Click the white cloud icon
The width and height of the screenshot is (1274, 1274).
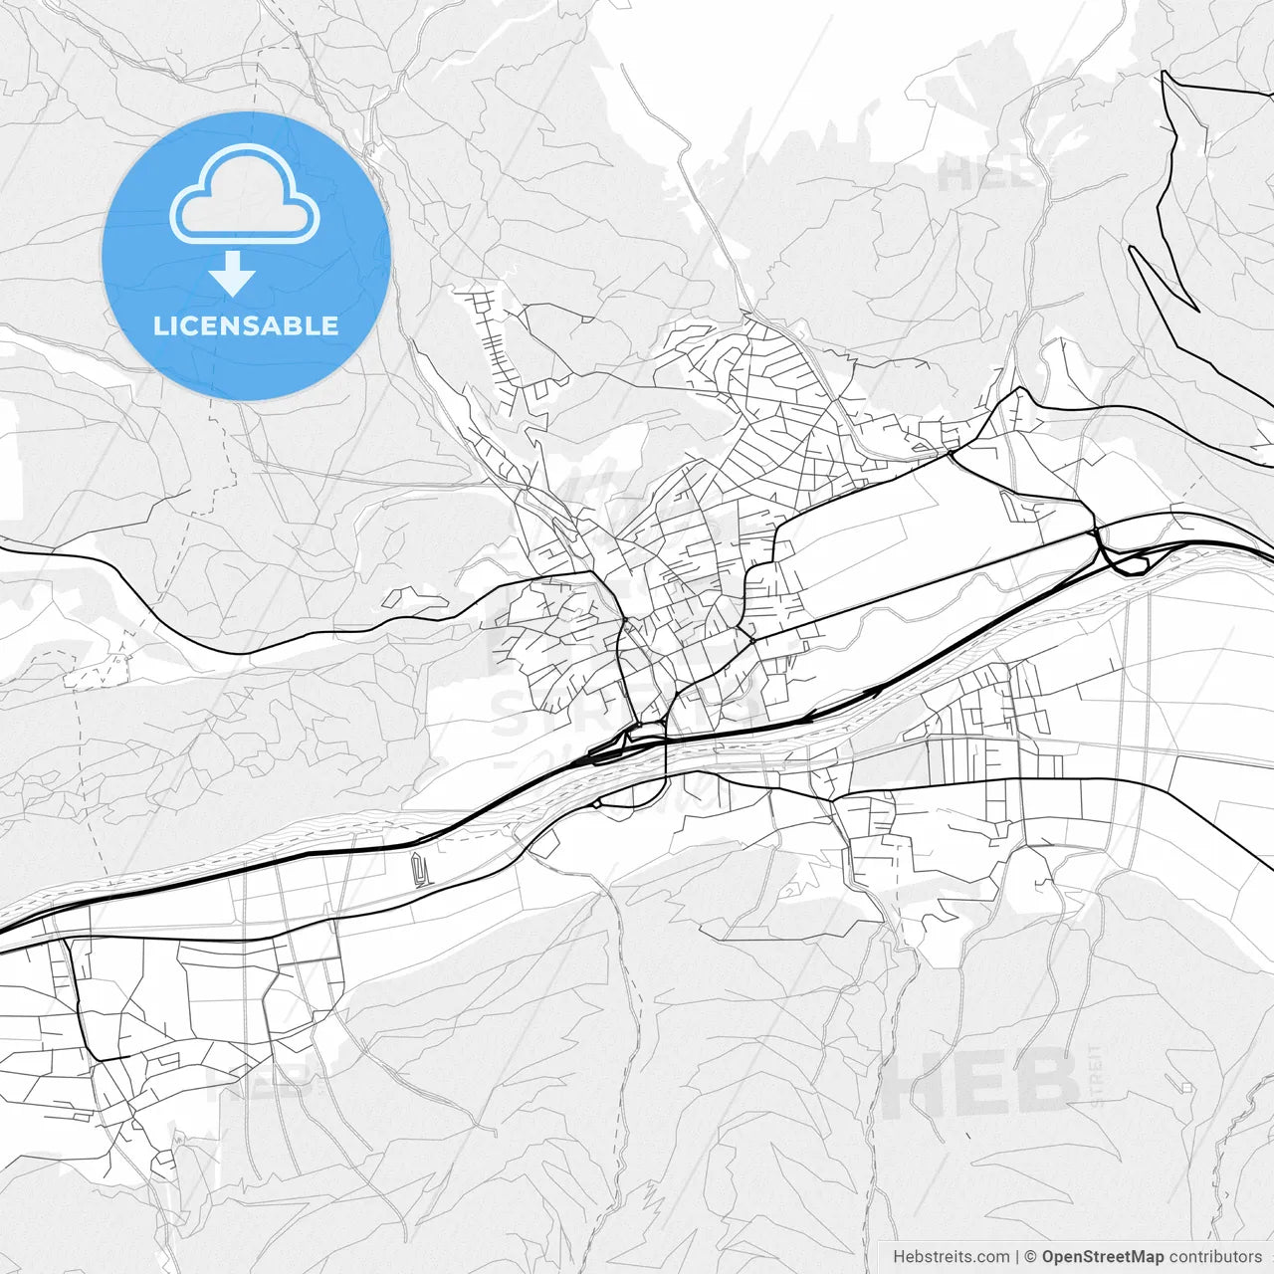(x=245, y=194)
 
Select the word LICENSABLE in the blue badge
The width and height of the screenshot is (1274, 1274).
(x=246, y=325)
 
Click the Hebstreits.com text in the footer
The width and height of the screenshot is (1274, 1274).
(x=951, y=1257)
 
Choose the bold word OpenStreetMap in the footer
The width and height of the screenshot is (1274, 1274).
(x=1103, y=1257)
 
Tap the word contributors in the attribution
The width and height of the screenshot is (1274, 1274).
(x=1215, y=1257)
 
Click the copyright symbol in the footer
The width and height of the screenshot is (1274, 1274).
(x=1031, y=1257)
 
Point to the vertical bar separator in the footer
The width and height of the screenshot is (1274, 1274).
(x=1017, y=1257)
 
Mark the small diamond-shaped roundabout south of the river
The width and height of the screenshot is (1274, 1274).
(x=596, y=803)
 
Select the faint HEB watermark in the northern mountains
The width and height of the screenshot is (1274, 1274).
(x=985, y=176)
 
